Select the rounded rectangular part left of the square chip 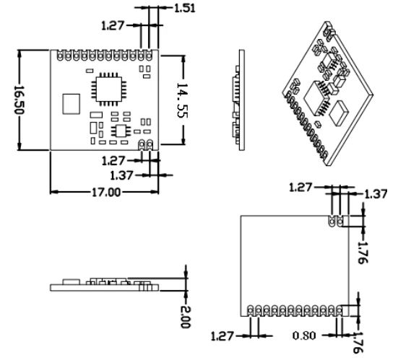coord(70,103)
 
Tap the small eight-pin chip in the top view coord(122,129)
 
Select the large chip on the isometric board coord(316,95)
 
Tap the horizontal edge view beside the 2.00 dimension coord(105,286)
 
